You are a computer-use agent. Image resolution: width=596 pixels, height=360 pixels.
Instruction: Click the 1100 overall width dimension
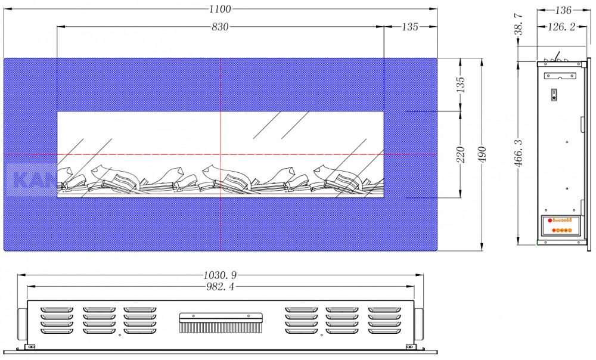tap(220, 9)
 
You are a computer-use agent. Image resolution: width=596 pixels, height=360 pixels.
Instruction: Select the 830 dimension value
tap(220, 27)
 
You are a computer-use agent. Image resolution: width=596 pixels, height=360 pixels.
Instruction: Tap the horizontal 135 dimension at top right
tap(410, 27)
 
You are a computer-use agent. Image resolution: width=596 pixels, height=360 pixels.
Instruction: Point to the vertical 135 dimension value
tap(460, 85)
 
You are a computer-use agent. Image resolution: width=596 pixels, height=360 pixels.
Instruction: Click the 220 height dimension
tap(460, 154)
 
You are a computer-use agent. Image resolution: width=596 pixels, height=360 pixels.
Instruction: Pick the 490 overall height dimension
tap(482, 154)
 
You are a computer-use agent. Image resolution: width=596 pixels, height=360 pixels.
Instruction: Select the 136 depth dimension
tap(563, 10)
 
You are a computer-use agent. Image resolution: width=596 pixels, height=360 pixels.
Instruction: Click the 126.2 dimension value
tap(561, 27)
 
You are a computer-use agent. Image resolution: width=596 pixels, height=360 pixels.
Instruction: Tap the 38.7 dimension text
tap(519, 24)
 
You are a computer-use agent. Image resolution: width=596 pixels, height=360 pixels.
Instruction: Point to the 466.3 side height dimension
tap(519, 153)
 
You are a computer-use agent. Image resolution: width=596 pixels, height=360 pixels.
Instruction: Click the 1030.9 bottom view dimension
tap(220, 274)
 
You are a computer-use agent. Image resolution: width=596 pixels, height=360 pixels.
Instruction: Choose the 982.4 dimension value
tap(220, 287)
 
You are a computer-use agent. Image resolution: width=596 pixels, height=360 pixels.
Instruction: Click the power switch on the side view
tap(554, 95)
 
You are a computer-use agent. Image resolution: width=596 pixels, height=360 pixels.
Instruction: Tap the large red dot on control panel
tap(550, 221)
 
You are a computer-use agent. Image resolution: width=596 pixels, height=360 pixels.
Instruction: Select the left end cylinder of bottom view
tap(23, 324)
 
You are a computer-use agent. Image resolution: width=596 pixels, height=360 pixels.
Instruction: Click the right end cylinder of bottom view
tap(419, 324)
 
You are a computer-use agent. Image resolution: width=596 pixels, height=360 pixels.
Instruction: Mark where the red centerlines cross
tap(221, 155)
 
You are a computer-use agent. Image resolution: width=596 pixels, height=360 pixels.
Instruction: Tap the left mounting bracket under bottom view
tap(30, 347)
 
